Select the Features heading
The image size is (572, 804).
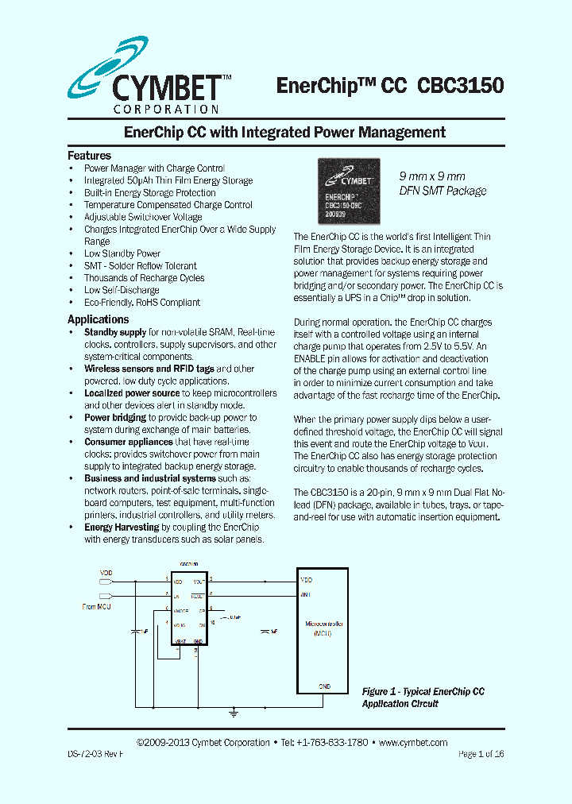click(89, 156)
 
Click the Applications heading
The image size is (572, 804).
click(98, 319)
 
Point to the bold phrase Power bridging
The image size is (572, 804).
click(115, 417)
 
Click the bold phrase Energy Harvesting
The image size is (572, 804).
click(122, 527)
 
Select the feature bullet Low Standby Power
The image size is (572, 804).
click(122, 253)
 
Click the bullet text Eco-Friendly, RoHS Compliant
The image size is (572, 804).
click(142, 302)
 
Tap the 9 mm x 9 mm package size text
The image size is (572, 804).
click(432, 176)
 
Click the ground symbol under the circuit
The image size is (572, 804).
click(234, 714)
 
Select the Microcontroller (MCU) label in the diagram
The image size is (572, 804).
click(323, 628)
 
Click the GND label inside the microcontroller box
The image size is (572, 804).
click(324, 686)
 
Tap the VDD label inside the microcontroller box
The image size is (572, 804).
click(306, 580)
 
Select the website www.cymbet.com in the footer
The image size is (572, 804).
click(413, 743)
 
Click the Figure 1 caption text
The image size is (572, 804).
click(423, 698)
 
